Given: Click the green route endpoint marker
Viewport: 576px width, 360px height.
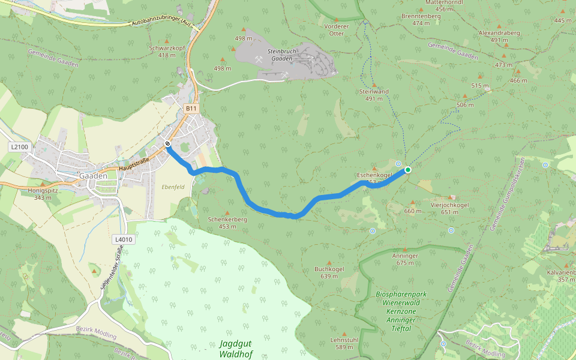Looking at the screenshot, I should tap(408, 170).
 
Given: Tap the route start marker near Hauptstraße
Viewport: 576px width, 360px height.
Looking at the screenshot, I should tap(167, 144).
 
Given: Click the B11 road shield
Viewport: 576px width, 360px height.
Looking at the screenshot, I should tap(191, 108).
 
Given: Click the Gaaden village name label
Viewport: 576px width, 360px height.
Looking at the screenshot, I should tap(93, 176).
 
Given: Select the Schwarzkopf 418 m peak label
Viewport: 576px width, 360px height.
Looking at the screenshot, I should tap(166, 51).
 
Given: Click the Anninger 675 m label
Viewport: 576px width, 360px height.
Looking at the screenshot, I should tap(406, 259).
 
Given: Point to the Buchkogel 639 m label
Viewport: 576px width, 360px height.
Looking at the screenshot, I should tap(329, 272).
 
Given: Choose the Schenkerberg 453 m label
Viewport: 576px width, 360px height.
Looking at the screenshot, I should tap(227, 223).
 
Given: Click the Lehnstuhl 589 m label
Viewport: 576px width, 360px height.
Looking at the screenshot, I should tap(344, 343).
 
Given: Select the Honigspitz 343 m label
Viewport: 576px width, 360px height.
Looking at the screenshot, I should tap(42, 193).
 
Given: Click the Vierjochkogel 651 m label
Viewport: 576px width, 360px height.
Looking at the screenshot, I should tap(449, 208).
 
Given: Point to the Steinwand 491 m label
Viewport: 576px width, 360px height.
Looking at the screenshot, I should tap(374, 95).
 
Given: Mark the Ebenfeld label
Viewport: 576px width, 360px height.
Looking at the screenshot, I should tap(173, 187).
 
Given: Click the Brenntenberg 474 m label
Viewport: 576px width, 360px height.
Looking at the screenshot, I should tap(421, 19).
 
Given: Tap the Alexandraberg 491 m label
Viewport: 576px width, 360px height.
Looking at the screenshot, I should tap(499, 36).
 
